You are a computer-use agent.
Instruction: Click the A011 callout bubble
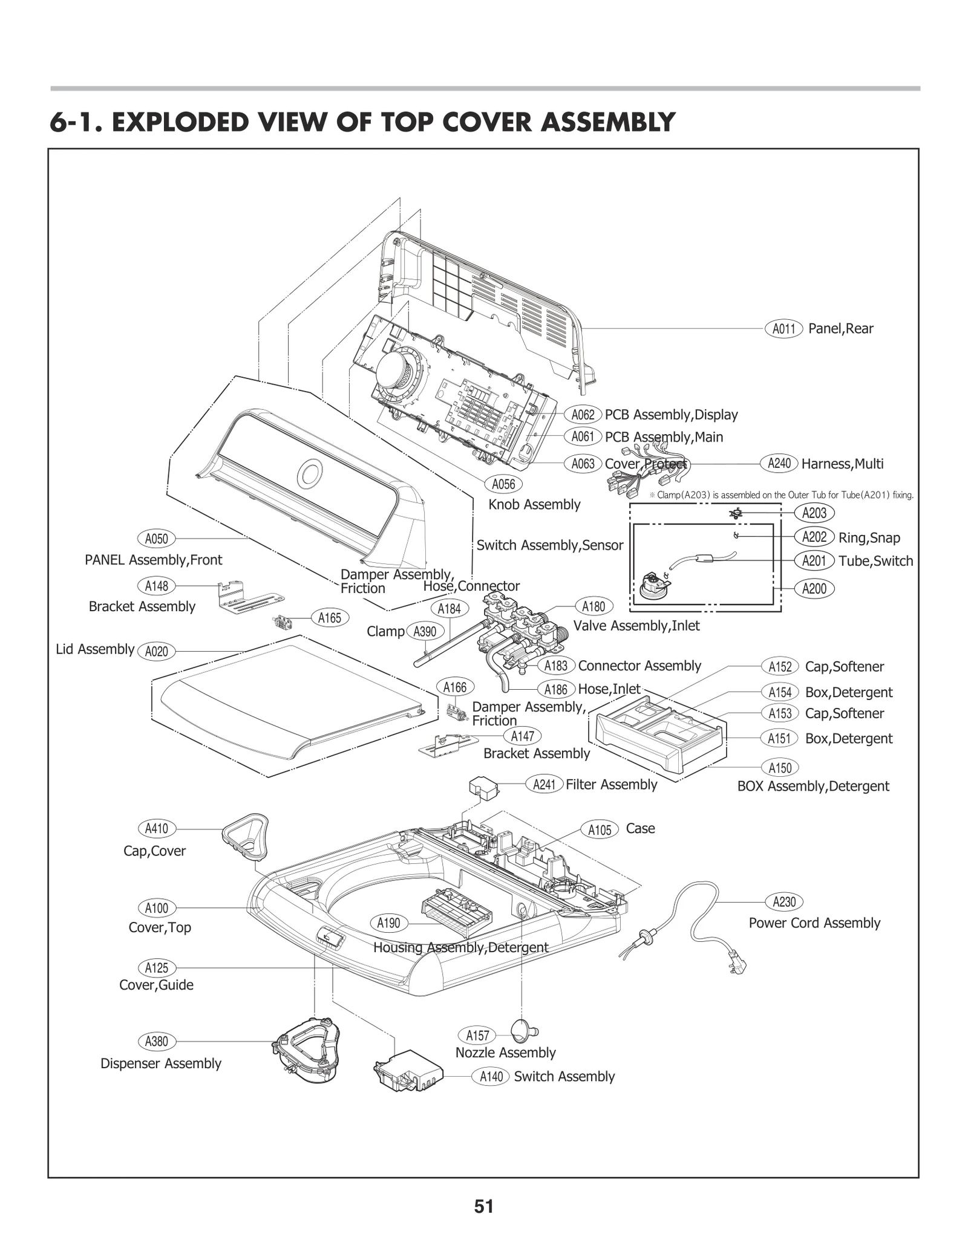click(783, 329)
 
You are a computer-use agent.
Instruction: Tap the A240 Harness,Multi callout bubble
click(779, 464)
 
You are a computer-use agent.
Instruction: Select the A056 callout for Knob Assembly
click(503, 484)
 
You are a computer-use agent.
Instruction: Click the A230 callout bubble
click(784, 902)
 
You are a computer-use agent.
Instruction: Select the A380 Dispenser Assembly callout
click(157, 1042)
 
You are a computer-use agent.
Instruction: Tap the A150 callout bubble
click(780, 768)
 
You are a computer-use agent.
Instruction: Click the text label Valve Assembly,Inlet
click(636, 626)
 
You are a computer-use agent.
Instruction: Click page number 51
click(483, 1207)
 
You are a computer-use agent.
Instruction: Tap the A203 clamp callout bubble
click(814, 513)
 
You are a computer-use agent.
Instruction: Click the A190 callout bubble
click(388, 923)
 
